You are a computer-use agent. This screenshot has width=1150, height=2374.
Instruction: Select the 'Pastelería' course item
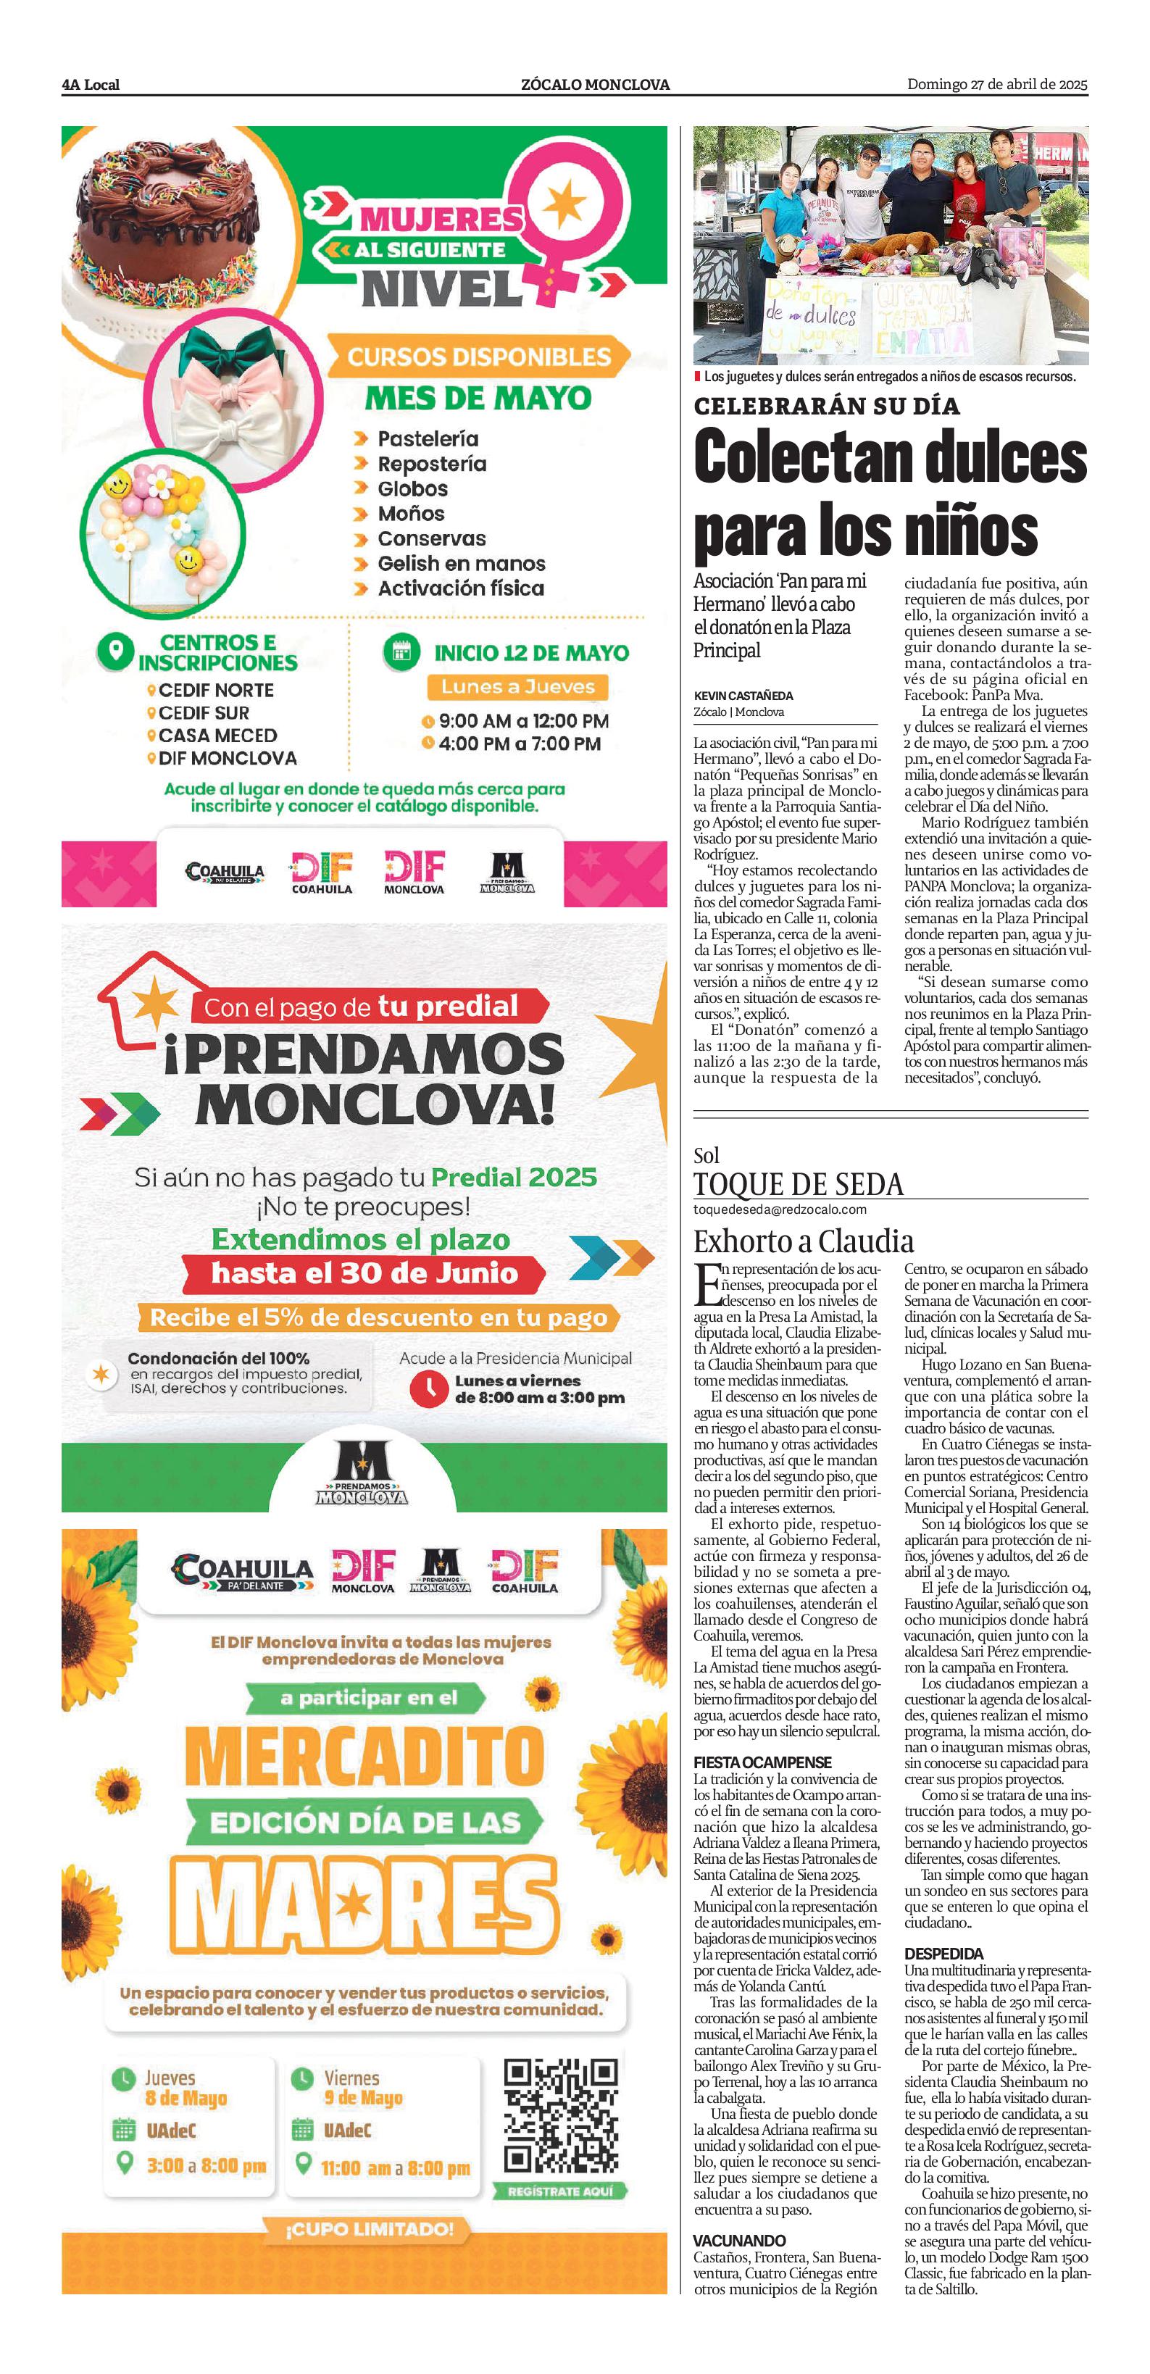point(428,438)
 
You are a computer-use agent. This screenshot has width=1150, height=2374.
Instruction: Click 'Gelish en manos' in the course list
point(461,563)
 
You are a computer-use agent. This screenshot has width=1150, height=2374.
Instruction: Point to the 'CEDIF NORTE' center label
point(216,691)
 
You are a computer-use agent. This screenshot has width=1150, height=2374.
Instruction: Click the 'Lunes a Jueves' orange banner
point(518,686)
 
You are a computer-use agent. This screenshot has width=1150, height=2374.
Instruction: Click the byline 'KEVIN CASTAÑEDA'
point(743,696)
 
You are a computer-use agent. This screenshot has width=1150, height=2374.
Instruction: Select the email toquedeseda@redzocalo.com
point(780,1209)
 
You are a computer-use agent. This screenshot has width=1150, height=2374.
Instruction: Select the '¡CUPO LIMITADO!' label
point(369,2229)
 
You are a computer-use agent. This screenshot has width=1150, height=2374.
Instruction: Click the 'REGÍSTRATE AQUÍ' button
point(560,2191)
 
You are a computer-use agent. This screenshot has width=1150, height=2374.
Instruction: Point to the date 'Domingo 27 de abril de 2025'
point(997,85)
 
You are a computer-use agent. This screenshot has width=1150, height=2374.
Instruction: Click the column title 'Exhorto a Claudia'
point(804,1241)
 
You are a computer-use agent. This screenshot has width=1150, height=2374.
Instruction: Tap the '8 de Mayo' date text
point(186,2099)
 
